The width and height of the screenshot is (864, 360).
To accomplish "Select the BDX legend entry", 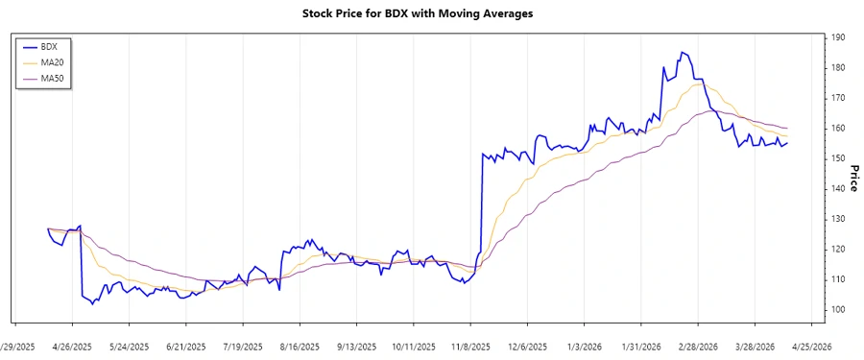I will (44, 45).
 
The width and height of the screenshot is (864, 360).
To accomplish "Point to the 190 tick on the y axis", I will (838, 37).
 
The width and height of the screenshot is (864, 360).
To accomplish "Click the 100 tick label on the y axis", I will (838, 309).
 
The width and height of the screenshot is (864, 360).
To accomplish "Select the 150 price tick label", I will (838, 158).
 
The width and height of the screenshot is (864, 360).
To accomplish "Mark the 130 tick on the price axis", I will (838, 219).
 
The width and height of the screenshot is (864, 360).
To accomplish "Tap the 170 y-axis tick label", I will (838, 98).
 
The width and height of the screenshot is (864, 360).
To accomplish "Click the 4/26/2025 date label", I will (72, 347).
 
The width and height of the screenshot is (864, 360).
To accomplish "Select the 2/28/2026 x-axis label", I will (699, 347).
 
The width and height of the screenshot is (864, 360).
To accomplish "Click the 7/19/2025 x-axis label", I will (243, 347).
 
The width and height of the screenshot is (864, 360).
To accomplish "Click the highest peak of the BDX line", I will (682, 52).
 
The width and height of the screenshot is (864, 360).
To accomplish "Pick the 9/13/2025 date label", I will (357, 347).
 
